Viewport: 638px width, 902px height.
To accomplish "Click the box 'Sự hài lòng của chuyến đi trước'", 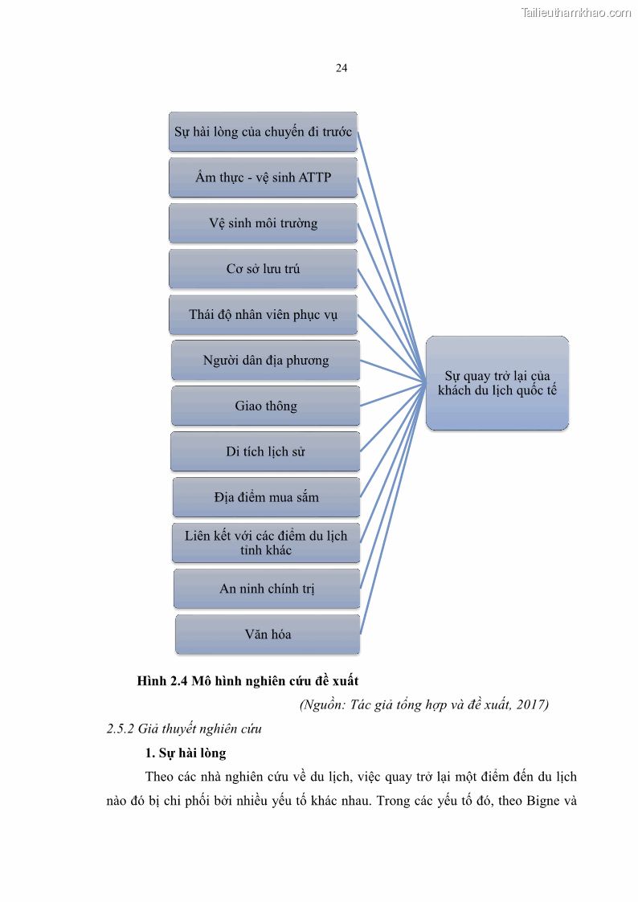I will point(263,132).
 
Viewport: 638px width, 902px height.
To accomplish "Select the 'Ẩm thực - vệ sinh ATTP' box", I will point(263,178).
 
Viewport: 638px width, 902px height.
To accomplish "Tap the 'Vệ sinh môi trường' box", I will point(263,223).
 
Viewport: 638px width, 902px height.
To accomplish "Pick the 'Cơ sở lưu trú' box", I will point(263,269).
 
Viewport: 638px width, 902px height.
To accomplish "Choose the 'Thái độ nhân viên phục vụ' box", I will point(263,315).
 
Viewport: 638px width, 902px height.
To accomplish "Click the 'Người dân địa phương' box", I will point(265,361).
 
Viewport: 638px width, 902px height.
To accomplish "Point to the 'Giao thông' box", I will point(265,406).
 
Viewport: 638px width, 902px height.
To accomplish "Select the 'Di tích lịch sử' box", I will point(264,451).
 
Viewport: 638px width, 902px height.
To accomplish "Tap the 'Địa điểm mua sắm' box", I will point(266,497).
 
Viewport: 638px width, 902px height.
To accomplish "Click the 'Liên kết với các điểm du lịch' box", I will point(265,543).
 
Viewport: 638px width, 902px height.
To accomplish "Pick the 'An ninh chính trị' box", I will point(267,589).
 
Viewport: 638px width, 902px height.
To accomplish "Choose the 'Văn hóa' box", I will point(268,635).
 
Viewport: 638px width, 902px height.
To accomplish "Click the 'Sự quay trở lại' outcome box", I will point(497,383).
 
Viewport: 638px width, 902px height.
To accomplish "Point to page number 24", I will point(341,68).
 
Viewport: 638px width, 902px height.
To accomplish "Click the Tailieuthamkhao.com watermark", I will point(575,12).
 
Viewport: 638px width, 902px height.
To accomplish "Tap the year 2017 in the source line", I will point(530,705).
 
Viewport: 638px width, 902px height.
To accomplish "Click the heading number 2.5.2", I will point(121,729).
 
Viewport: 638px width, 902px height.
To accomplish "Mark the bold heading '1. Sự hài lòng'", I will point(186,753).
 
